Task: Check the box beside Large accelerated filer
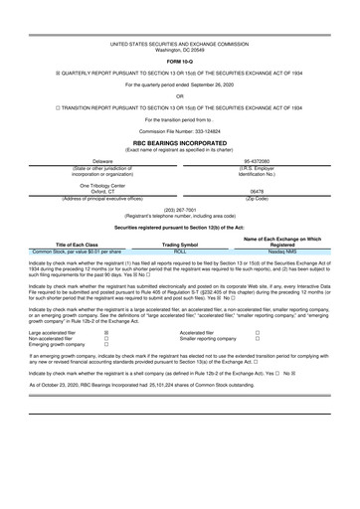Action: [x=106, y=335]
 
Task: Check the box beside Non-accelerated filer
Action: [x=106, y=341]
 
